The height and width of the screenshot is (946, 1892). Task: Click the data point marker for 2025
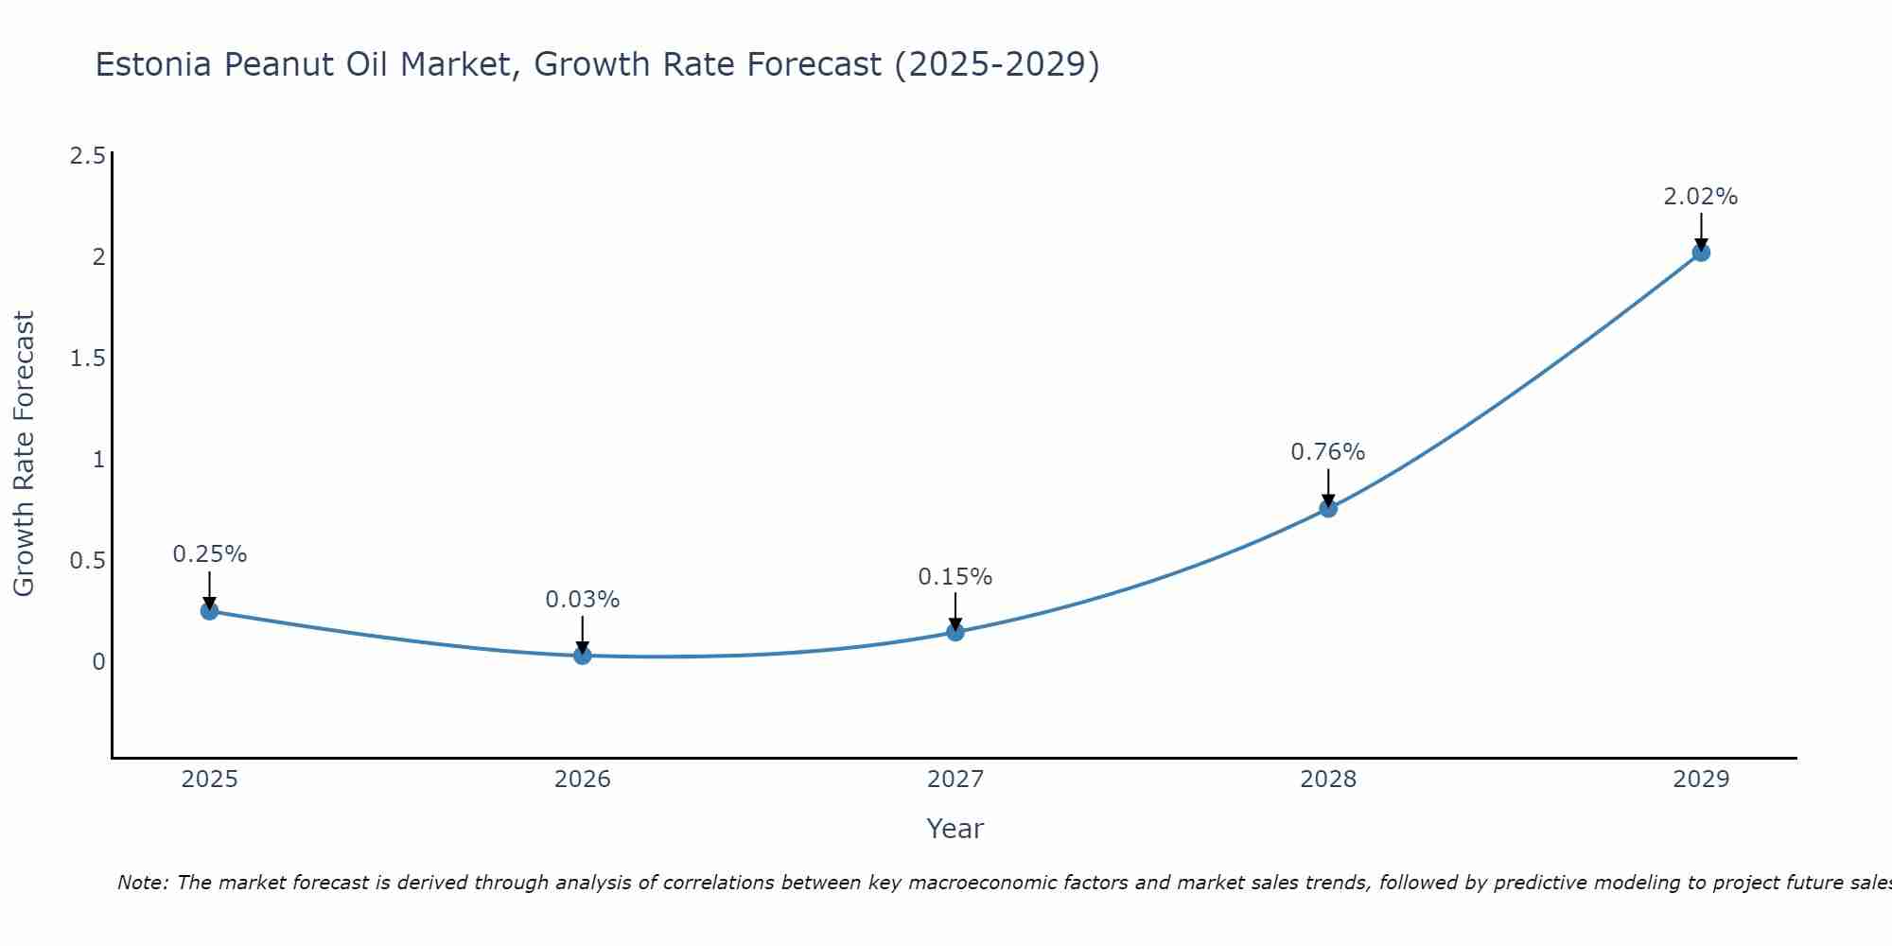point(209,611)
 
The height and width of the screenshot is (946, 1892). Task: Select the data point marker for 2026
point(582,655)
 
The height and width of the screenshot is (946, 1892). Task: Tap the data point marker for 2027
point(955,632)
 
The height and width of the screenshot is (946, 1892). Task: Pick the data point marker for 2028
point(1328,508)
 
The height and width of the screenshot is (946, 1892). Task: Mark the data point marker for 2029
point(1701,253)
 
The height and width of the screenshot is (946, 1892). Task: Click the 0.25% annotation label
point(209,554)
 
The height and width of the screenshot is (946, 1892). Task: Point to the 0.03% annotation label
point(582,600)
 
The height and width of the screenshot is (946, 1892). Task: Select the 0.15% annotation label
point(955,577)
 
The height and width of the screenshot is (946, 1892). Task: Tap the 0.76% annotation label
point(1328,452)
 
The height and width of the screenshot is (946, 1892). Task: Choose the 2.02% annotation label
point(1701,197)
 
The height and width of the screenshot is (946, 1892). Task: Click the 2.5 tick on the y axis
point(87,156)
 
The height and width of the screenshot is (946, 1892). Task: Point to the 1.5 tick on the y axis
point(87,359)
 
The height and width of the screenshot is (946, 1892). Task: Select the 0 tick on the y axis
point(98,661)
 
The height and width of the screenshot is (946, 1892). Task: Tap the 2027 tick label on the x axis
point(955,780)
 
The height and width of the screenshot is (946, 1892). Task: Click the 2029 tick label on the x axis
point(1701,780)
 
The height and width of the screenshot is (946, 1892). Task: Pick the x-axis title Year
point(955,829)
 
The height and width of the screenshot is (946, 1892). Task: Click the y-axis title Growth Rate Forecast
point(24,454)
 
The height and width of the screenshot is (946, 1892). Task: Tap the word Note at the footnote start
point(142,883)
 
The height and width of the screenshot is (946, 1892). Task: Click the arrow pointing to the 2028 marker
point(1328,486)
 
